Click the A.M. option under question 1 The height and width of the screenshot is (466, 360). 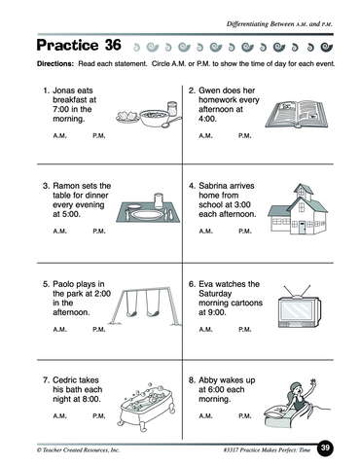point(60,136)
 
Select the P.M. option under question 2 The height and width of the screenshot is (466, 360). point(245,136)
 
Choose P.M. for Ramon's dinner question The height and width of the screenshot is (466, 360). point(99,232)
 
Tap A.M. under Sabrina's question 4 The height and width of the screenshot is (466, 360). point(206,232)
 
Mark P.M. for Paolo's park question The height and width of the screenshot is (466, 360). point(99,330)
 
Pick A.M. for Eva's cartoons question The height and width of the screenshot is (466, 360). point(206,330)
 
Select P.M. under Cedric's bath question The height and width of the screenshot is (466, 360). point(99,415)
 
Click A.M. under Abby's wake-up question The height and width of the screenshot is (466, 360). point(206,415)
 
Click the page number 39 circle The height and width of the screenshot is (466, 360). point(325,448)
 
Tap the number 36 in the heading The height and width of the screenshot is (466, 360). point(113,45)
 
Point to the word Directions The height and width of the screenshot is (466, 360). point(55,64)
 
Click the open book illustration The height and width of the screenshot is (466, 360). point(298,114)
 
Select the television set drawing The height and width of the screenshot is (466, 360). point(300,307)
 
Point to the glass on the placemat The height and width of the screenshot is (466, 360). point(159,200)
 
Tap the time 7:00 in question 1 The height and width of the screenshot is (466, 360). point(61,109)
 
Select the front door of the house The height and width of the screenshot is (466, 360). point(302,228)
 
